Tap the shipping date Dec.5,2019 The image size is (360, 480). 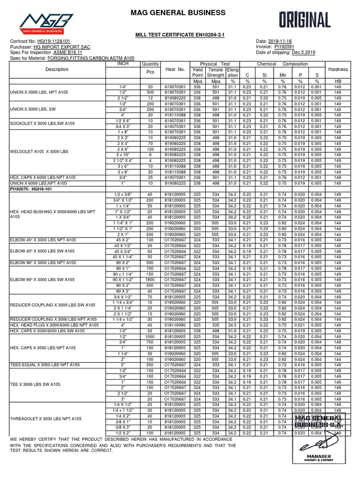[304, 52]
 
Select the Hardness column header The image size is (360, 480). [338, 69]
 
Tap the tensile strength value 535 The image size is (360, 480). [216, 324]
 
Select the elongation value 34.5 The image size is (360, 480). [232, 324]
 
